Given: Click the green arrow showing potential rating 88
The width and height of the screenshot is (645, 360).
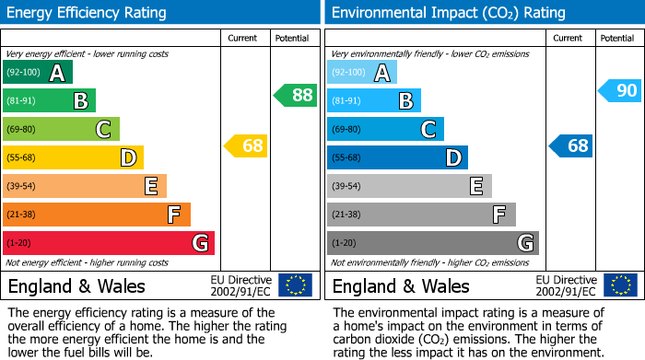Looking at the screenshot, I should point(296,95).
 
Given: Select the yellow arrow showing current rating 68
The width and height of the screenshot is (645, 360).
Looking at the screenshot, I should point(246,145).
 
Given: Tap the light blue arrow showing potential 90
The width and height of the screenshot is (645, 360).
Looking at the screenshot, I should point(619,90).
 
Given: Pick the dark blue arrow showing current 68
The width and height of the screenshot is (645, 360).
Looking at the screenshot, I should point(571,145).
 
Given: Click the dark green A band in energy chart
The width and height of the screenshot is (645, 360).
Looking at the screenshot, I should point(38,73).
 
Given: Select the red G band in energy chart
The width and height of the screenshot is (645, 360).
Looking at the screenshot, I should point(109,243).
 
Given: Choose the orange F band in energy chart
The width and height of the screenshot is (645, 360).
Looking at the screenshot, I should point(97,215).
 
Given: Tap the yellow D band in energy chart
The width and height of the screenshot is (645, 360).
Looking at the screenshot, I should point(73,157).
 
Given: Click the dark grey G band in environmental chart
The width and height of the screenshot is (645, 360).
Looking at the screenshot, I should point(432,243).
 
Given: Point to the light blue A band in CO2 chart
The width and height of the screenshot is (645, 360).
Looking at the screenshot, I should point(362,73).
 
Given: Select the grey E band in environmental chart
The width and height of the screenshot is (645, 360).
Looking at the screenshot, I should point(409,186).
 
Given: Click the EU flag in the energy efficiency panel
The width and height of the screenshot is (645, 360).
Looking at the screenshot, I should point(296,285).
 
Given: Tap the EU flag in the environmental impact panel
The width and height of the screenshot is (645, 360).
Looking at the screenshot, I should point(620,285).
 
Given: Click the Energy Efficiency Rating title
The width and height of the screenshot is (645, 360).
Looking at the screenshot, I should point(88,13).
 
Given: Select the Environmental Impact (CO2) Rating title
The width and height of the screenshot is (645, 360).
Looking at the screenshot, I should point(447,13).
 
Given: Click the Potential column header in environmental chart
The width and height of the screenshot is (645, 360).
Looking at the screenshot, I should point(617,38).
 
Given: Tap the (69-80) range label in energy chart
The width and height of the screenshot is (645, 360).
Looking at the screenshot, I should point(22,130).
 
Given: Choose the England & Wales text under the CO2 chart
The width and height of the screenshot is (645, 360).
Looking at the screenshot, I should point(401,286).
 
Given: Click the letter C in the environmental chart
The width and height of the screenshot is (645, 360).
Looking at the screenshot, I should point(428,130).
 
